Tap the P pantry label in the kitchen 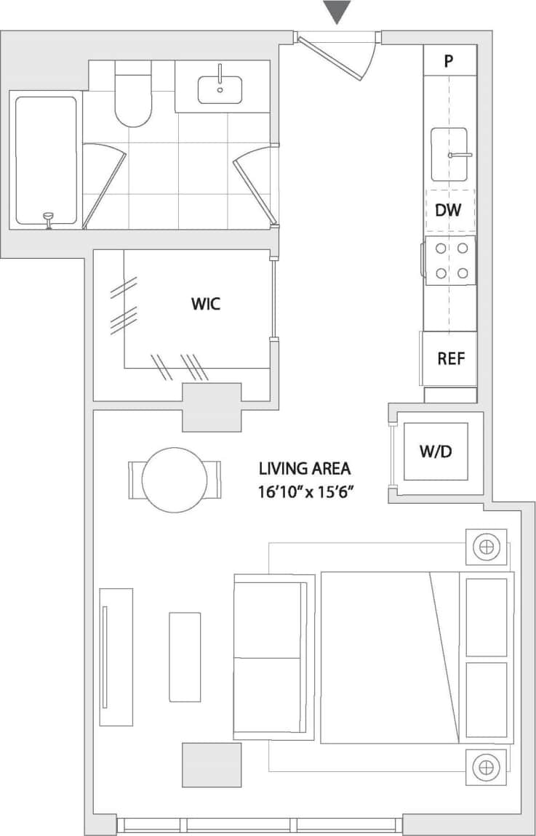pos(449,60)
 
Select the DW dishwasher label pos(449,211)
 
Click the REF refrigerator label pos(450,358)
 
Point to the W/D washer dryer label pos(436,451)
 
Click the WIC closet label pos(205,304)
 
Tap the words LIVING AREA pos(305,469)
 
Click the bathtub pos(47,160)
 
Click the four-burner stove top pos(450,260)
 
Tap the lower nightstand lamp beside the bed pos(486,766)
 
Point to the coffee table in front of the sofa pos(185,656)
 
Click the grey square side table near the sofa pos(211,764)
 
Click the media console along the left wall pos(116,656)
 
